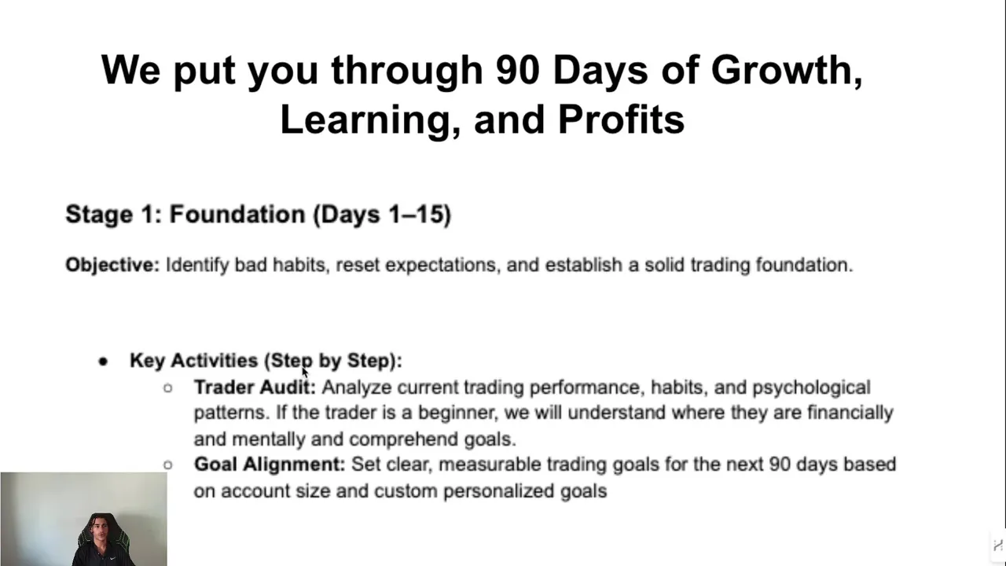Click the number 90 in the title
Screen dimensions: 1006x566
pyautogui.click(x=517, y=70)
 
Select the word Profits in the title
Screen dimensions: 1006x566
pyautogui.click(x=621, y=119)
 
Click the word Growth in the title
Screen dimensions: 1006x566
pyautogui.click(x=787, y=70)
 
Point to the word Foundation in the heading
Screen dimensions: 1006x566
pyautogui.click(x=237, y=214)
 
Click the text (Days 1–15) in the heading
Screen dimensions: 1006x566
pyautogui.click(x=382, y=215)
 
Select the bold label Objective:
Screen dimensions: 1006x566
pyautogui.click(x=112, y=265)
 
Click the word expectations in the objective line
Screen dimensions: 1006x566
pyautogui.click(x=442, y=266)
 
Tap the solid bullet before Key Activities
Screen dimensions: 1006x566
pyautogui.click(x=103, y=361)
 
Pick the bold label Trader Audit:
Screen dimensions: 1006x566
pyautogui.click(x=255, y=388)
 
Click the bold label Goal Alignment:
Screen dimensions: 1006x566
pyautogui.click(x=270, y=465)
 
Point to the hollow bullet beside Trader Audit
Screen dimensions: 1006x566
pyautogui.click(x=168, y=388)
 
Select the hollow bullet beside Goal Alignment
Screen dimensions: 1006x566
pyautogui.click(x=168, y=465)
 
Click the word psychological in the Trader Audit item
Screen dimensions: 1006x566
pyautogui.click(x=812, y=388)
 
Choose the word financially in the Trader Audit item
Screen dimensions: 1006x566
pyautogui.click(x=850, y=413)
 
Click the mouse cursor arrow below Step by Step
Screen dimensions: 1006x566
pyautogui.click(x=305, y=373)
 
